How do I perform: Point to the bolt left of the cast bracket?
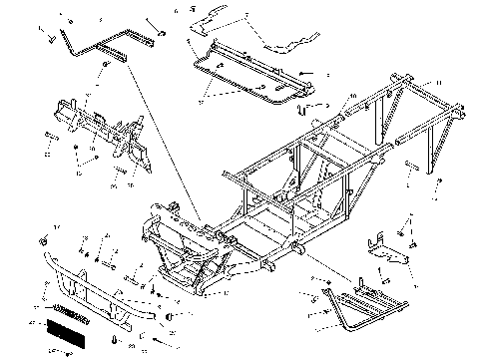[50, 135]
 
